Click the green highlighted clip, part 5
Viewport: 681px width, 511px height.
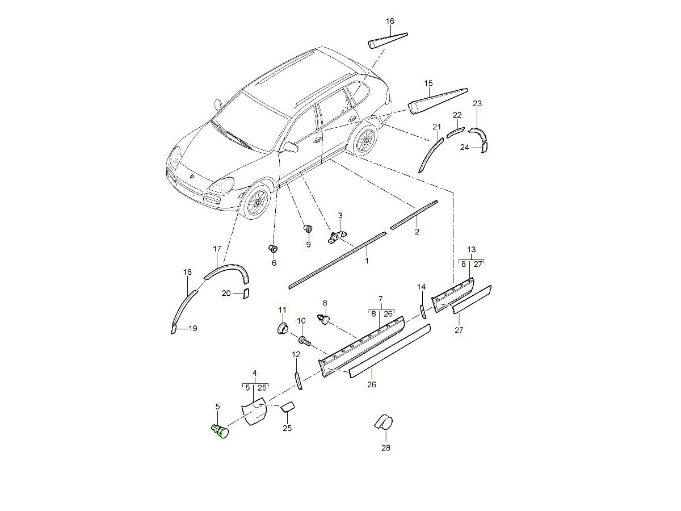[220, 431]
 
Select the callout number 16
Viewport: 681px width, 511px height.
[390, 22]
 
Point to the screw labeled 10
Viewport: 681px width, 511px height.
[304, 341]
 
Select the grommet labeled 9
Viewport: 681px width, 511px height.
[308, 229]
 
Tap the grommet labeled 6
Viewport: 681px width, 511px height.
[273, 249]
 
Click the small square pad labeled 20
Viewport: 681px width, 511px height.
[246, 293]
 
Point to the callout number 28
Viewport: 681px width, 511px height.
[386, 447]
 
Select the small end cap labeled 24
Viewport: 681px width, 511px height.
[484, 148]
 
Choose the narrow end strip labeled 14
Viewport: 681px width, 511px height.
[422, 311]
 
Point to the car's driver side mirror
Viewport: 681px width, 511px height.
[291, 148]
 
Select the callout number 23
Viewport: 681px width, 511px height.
[477, 103]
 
